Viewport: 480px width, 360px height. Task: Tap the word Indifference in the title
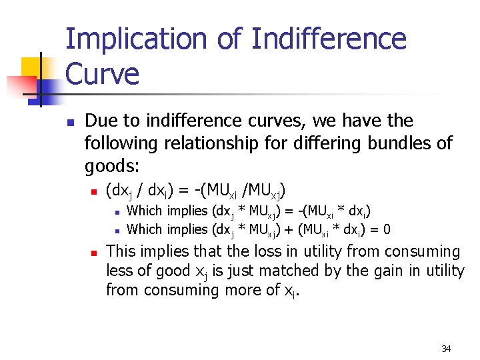pyautogui.click(x=329, y=39)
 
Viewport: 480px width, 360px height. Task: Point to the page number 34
pyautogui.click(x=447, y=349)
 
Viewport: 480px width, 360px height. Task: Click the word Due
pyautogui.click(x=99, y=121)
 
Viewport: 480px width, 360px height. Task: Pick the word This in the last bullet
pyautogui.click(x=121, y=252)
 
